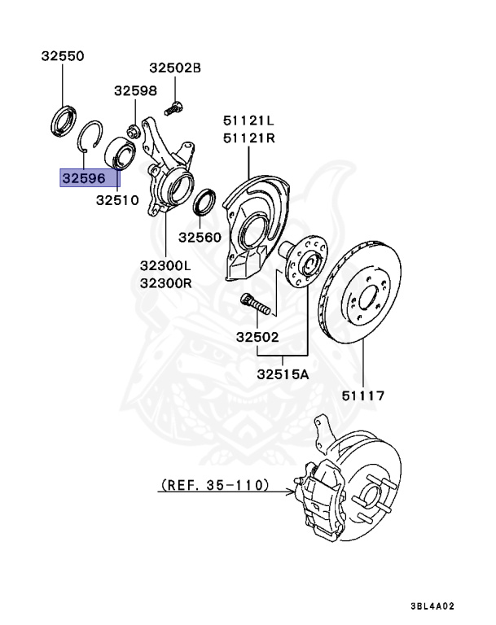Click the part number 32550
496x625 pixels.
(63, 56)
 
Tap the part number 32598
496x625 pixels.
(134, 91)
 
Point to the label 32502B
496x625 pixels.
(174, 68)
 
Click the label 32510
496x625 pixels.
(117, 199)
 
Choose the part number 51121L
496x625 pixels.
(249, 120)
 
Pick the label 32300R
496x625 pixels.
(165, 283)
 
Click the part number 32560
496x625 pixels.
(200, 237)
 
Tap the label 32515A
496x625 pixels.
(283, 375)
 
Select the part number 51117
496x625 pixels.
(363, 396)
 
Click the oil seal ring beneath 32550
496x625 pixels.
(62, 120)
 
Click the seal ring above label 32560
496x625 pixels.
(205, 203)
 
